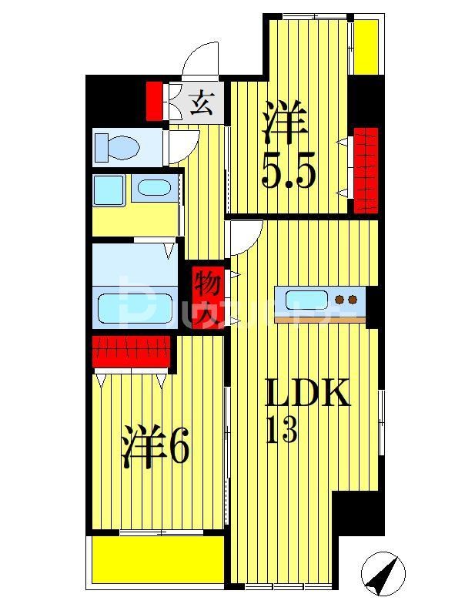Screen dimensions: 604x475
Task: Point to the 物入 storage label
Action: coord(207,296)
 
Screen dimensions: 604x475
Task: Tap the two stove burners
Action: coord(347,299)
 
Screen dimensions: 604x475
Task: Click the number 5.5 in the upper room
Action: coord(289,174)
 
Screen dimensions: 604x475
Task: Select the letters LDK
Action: coord(308,394)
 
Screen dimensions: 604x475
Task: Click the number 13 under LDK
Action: coord(281,431)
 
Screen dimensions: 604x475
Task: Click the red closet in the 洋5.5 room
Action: coord(366,169)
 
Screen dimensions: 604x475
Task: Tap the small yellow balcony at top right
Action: coord(366,46)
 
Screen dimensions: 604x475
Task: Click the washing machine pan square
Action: coord(109,190)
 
